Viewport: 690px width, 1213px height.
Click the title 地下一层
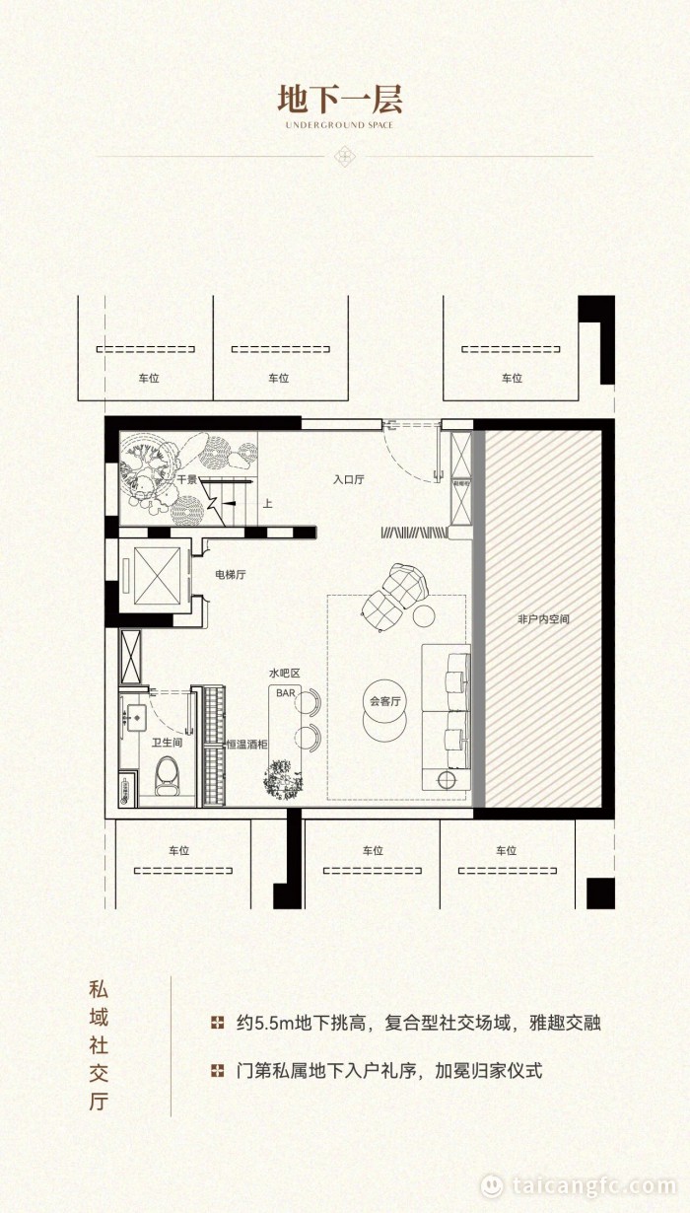340,100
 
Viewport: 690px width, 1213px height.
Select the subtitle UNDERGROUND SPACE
339,125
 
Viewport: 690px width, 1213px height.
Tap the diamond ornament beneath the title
345,156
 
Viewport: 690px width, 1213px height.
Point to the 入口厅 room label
348,480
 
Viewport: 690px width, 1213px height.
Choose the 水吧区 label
284,673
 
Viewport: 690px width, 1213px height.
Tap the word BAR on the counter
285,693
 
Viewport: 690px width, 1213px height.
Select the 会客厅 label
382,702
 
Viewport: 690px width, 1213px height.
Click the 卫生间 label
167,744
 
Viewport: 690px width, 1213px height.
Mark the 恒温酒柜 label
246,745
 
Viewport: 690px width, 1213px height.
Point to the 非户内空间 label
543,619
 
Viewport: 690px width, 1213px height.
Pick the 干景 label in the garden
187,479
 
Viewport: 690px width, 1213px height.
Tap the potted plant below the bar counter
282,776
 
